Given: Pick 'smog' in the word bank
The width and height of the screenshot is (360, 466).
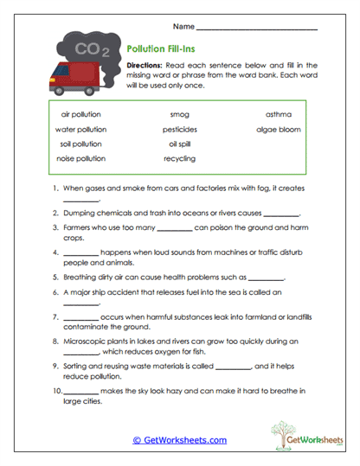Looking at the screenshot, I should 179,113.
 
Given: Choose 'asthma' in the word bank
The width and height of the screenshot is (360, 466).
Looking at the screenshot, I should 278,113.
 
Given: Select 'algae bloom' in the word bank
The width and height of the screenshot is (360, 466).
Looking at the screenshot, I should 278,129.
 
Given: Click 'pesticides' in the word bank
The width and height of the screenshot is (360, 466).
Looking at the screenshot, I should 179,129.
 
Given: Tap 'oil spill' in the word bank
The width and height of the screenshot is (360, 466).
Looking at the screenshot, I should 179,144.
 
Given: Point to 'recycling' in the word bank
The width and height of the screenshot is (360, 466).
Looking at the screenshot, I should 179,158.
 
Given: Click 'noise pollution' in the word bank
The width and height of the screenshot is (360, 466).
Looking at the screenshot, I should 80,158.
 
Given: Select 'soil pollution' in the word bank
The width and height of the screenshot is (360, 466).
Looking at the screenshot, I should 80,144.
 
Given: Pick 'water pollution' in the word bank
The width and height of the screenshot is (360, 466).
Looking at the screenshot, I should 80,129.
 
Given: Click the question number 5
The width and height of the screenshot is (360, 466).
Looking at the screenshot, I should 55,278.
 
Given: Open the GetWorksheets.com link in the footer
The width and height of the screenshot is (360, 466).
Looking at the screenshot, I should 179,440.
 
